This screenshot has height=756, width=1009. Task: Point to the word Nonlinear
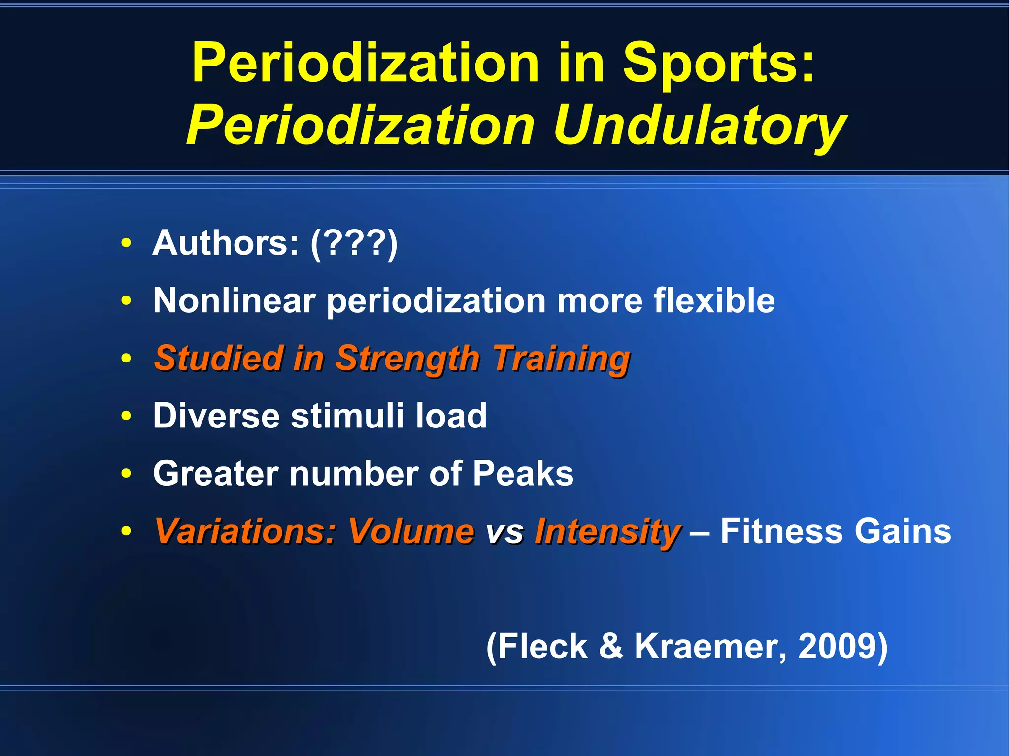click(234, 300)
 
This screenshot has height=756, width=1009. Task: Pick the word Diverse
click(216, 416)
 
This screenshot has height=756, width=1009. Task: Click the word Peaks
click(523, 473)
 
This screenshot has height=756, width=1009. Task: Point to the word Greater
click(216, 473)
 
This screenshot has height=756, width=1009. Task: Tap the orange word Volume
click(411, 531)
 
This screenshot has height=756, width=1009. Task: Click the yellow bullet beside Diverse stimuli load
click(127, 416)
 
